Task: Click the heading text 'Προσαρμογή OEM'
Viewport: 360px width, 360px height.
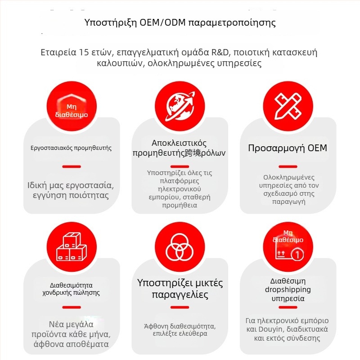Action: pyautogui.click(x=288, y=148)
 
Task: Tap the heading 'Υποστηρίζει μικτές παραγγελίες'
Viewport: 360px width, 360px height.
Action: pyautogui.click(x=180, y=289)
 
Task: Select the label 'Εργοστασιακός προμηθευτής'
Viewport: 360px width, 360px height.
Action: pyautogui.click(x=71, y=148)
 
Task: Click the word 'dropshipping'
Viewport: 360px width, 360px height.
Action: pyautogui.click(x=288, y=289)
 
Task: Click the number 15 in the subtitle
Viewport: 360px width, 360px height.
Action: pyautogui.click(x=80, y=52)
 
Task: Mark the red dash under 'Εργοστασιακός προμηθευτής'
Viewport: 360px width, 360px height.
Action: pyautogui.click(x=71, y=166)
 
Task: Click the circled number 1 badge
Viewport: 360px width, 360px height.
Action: pyautogui.click(x=296, y=255)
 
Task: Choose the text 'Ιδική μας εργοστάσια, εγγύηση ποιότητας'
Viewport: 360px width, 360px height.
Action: pyautogui.click(x=71, y=190)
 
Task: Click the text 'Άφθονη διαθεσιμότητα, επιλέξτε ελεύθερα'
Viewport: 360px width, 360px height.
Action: pyautogui.click(x=180, y=330)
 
